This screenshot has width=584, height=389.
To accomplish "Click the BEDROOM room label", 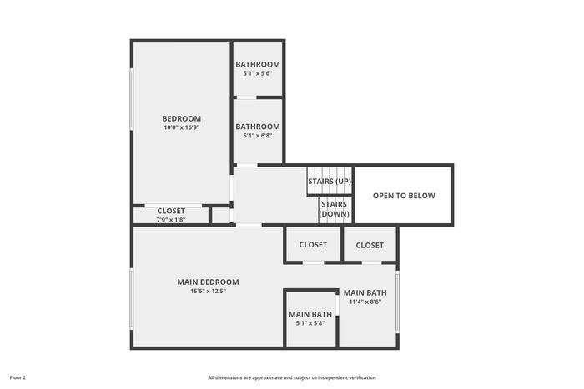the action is click(x=181, y=118).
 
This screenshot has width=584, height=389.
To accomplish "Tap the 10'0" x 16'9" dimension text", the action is click(x=182, y=127).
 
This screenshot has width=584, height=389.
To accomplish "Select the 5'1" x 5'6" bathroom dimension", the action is click(x=257, y=73).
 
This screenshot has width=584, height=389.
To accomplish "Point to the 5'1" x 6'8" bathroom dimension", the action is click(x=257, y=136).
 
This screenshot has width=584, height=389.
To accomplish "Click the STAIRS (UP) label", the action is click(x=330, y=182).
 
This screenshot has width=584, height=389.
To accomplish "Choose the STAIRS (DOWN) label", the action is click(x=335, y=209).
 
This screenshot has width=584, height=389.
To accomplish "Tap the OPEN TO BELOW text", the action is click(x=404, y=196).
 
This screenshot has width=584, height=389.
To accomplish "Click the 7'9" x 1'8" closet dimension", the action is click(x=171, y=220).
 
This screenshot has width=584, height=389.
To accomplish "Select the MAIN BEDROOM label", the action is click(x=208, y=282).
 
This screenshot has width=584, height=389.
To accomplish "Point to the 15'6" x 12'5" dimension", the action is click(x=209, y=291).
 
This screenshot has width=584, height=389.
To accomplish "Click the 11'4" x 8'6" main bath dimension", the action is click(x=365, y=302).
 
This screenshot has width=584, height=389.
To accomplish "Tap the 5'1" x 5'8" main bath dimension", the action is click(x=310, y=323).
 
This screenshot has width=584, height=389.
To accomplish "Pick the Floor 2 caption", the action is click(x=18, y=378).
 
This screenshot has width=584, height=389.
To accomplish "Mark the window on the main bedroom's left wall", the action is click(x=132, y=299).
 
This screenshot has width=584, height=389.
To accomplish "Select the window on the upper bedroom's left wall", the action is click(x=132, y=99).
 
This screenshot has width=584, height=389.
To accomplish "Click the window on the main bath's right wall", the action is click(x=397, y=302).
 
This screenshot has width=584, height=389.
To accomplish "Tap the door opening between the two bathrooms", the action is click(x=247, y=97).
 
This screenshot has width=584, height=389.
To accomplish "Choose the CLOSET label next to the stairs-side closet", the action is click(x=313, y=245).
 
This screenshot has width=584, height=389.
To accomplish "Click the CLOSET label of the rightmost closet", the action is click(x=370, y=245).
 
